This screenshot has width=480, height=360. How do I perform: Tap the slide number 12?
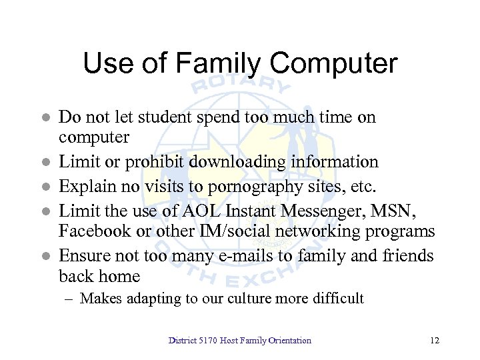pos(435,341)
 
